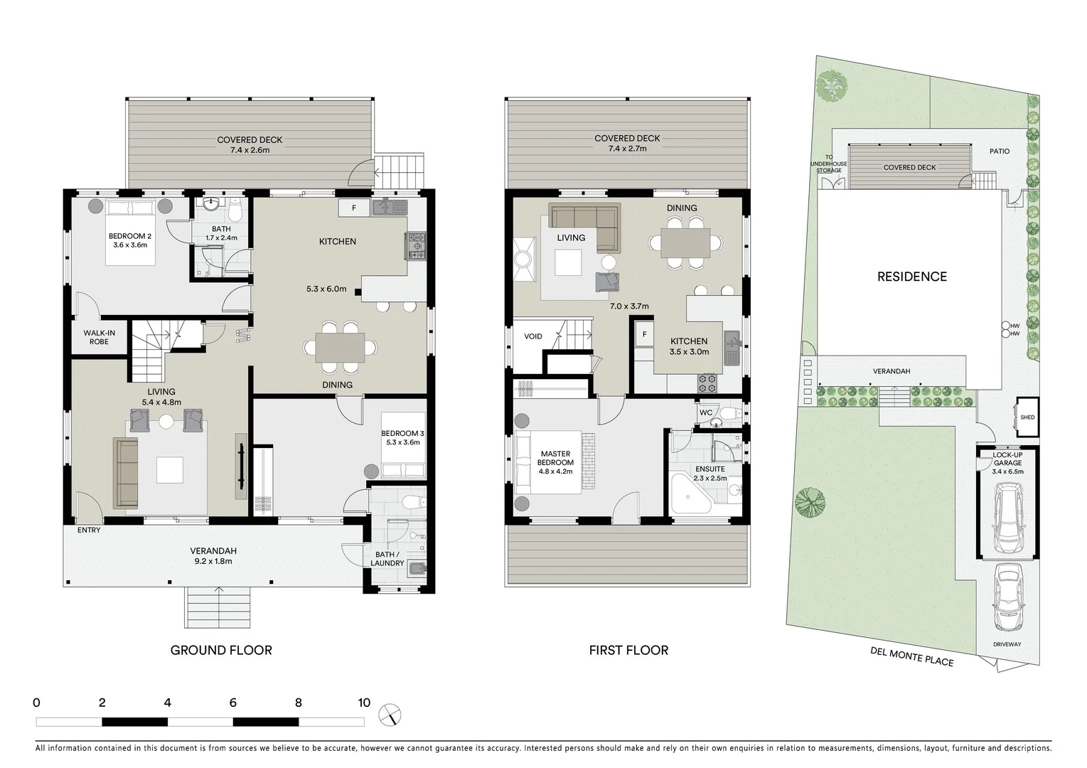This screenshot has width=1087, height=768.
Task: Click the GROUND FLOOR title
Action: pyautogui.click(x=221, y=650)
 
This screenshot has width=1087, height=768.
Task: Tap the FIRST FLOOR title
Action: pyautogui.click(x=628, y=650)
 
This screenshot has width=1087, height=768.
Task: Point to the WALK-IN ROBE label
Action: pyautogui.click(x=99, y=337)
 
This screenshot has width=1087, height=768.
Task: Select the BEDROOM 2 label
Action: pyautogui.click(x=129, y=236)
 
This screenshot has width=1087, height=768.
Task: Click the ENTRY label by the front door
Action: pyautogui.click(x=89, y=530)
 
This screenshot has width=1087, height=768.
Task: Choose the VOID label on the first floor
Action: pyautogui.click(x=533, y=336)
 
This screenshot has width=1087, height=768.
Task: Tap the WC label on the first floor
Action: pyautogui.click(x=706, y=412)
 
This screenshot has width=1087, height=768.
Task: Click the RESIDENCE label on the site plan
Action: pyautogui.click(x=911, y=277)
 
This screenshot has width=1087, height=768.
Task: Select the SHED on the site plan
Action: pyautogui.click(x=1027, y=417)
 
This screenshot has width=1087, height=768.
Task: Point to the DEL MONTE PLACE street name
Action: pyautogui.click(x=911, y=656)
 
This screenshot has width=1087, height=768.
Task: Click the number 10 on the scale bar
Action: pyautogui.click(x=364, y=703)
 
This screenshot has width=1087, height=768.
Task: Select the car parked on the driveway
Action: pyautogui.click(x=1008, y=598)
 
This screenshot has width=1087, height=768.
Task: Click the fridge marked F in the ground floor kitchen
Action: pyautogui.click(x=353, y=208)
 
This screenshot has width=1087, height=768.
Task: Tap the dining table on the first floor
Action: pyautogui.click(x=685, y=243)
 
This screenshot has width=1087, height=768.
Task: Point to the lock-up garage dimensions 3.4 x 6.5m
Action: pyautogui.click(x=1008, y=471)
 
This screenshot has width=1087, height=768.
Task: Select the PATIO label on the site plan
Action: pyautogui.click(x=1000, y=151)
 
